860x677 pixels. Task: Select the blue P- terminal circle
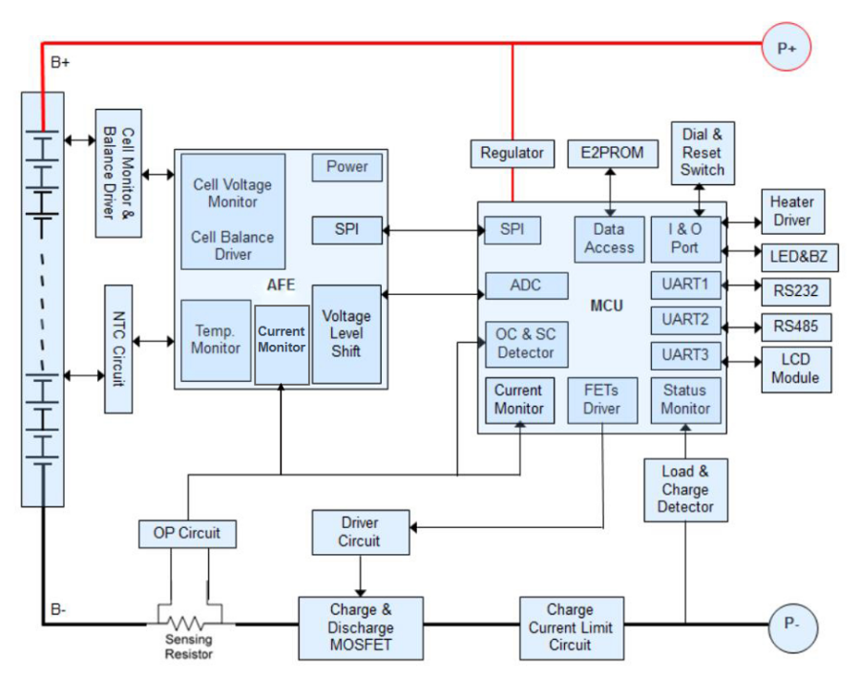(794, 625)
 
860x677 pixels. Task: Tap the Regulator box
(513, 153)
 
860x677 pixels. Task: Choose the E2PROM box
(606, 153)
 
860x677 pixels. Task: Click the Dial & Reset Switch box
(703, 153)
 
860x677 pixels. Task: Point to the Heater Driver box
(791, 211)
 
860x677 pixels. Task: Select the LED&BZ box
(791, 255)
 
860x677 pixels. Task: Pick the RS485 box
(795, 327)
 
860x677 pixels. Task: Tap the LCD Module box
(795, 369)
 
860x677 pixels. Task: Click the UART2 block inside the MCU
(684, 320)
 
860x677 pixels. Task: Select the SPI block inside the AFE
(347, 230)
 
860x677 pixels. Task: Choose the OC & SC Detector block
(526, 344)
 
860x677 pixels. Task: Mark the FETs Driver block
(601, 399)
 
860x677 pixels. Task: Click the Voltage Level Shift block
(346, 333)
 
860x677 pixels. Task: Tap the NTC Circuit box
(118, 349)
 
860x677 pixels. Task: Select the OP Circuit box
(187, 533)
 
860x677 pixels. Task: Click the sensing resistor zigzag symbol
(187, 624)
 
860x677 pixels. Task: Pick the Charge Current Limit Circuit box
(571, 627)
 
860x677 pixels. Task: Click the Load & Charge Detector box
(685, 488)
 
